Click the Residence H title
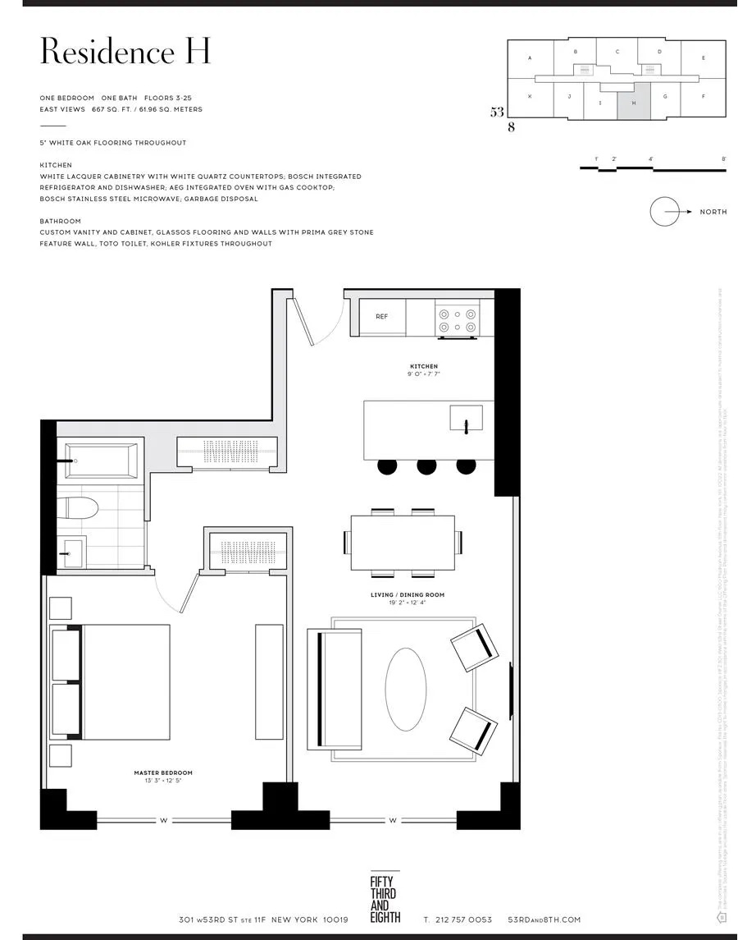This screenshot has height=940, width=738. pyautogui.click(x=125, y=51)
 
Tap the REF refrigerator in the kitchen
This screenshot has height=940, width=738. pyautogui.click(x=382, y=317)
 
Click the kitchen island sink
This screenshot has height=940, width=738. pyautogui.click(x=466, y=418)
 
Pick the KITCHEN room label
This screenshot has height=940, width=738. pyautogui.click(x=424, y=366)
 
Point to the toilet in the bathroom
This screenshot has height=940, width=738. pyautogui.click(x=79, y=507)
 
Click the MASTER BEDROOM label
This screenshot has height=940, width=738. pyautogui.click(x=163, y=773)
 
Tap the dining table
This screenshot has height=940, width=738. pyautogui.click(x=403, y=543)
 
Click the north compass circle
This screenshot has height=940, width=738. pyautogui.click(x=666, y=212)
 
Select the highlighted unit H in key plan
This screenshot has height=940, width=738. pyautogui.click(x=633, y=102)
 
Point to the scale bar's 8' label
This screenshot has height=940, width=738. pyautogui.click(x=723, y=158)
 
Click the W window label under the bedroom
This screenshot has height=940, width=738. pyautogui.click(x=165, y=819)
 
